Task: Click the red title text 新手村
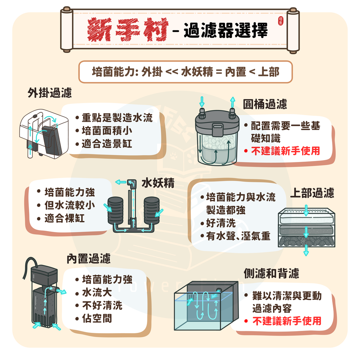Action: (x=128, y=29)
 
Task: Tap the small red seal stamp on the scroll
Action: (x=280, y=21)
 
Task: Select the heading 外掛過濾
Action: (x=50, y=93)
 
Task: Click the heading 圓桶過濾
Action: (x=265, y=104)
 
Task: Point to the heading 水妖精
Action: (x=158, y=183)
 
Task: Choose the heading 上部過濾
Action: (x=312, y=193)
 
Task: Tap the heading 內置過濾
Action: (x=89, y=259)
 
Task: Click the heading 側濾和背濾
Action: (x=271, y=273)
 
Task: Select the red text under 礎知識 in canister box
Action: (x=285, y=151)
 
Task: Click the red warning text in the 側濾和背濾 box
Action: (x=287, y=321)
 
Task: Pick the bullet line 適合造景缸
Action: (x=107, y=144)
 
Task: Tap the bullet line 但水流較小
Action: (x=70, y=205)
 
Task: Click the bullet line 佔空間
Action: (x=97, y=318)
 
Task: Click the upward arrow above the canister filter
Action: (x=233, y=102)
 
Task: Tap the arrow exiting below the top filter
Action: (x=306, y=250)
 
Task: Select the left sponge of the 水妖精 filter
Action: (x=116, y=210)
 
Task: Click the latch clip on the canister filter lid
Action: (x=218, y=130)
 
